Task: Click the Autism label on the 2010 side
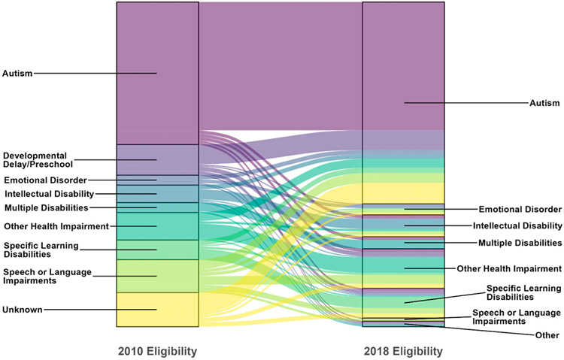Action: click(17, 74)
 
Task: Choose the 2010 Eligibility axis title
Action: click(157, 351)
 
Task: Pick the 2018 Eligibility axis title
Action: click(403, 351)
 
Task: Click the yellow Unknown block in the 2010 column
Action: click(157, 309)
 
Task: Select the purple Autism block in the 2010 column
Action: click(157, 74)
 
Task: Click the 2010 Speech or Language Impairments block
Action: click(157, 276)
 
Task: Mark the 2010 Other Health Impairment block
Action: click(157, 225)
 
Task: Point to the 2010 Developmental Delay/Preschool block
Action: click(157, 159)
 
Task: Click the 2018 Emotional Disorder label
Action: click(519, 209)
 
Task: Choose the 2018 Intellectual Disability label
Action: click(517, 225)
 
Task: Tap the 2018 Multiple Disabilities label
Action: click(520, 243)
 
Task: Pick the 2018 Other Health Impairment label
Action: click(509, 268)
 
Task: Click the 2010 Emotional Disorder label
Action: click(44, 180)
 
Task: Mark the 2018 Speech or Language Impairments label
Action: click(516, 316)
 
